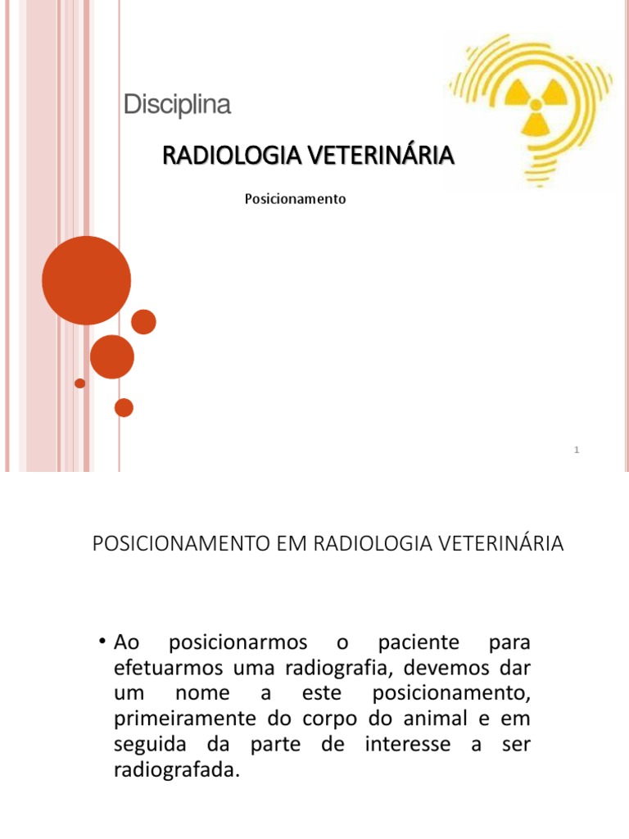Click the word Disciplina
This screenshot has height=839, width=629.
pyautogui.click(x=177, y=106)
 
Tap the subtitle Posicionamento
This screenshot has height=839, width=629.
pyautogui.click(x=296, y=199)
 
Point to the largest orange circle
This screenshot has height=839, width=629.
pyautogui.click(x=86, y=280)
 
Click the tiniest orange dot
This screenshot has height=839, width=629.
pyautogui.click(x=79, y=383)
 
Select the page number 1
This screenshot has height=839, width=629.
pyautogui.click(x=577, y=450)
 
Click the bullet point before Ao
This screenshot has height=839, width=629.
pyautogui.click(x=104, y=639)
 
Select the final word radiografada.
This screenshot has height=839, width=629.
pyautogui.click(x=177, y=771)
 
